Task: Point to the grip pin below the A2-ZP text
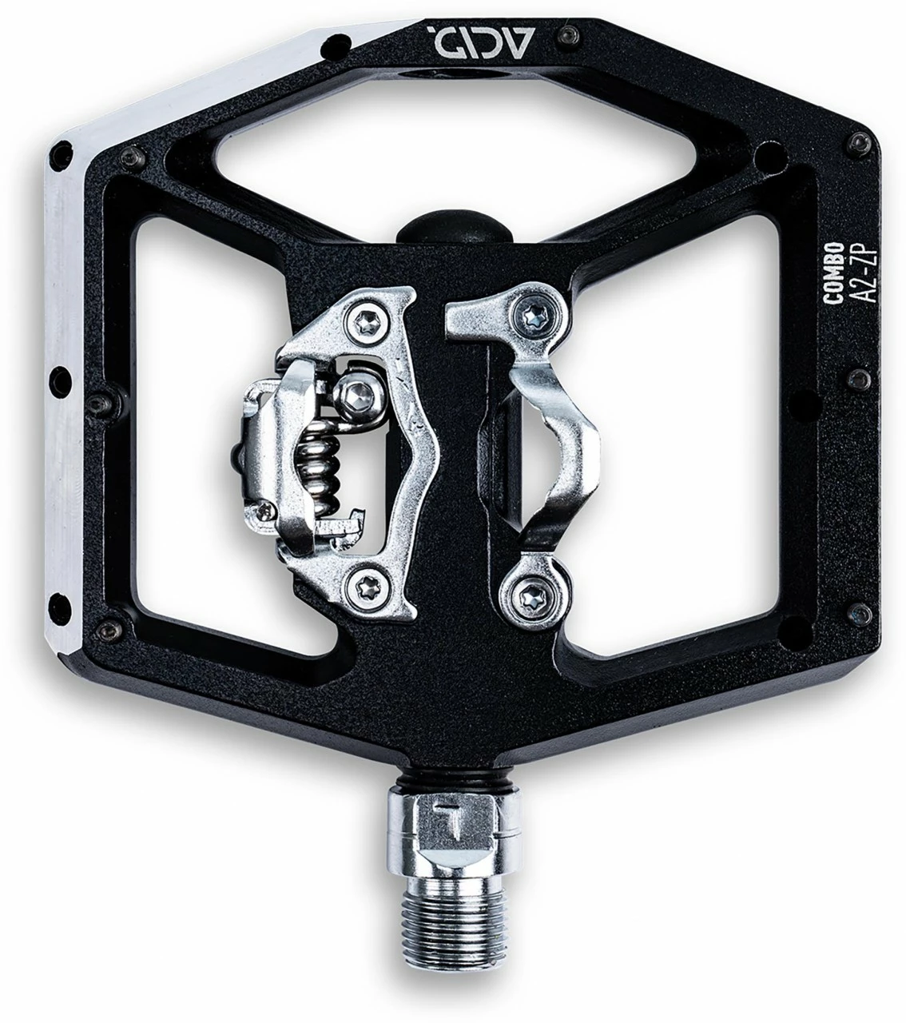(x=857, y=376)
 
